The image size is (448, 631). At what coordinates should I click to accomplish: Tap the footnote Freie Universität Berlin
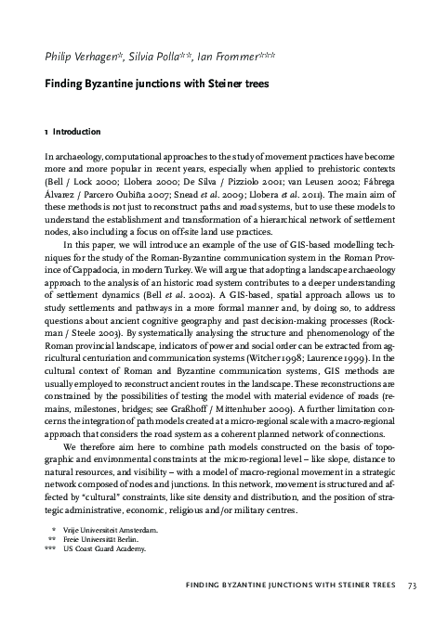[100, 539]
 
